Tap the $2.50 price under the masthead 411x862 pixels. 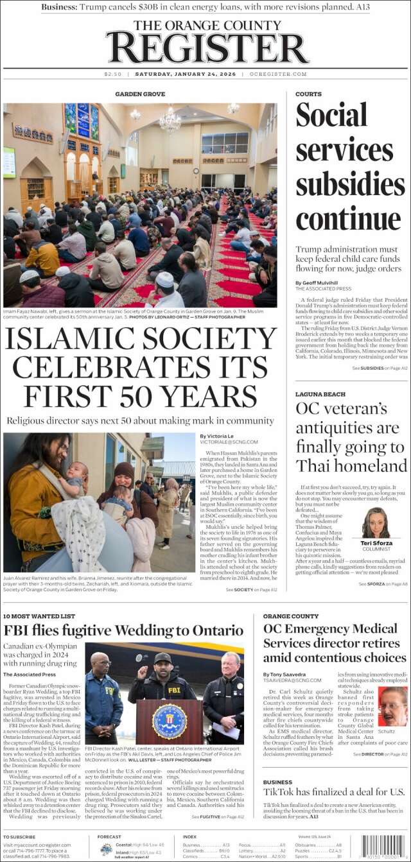coord(112,74)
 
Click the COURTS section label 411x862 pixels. coord(308,94)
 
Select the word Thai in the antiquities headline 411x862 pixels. coord(315,465)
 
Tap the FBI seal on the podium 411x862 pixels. coord(170,721)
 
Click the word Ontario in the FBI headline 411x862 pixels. coord(213,630)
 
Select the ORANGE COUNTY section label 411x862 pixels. coord(290,616)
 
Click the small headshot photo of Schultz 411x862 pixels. coord(392,706)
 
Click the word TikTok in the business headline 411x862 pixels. coord(280,791)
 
